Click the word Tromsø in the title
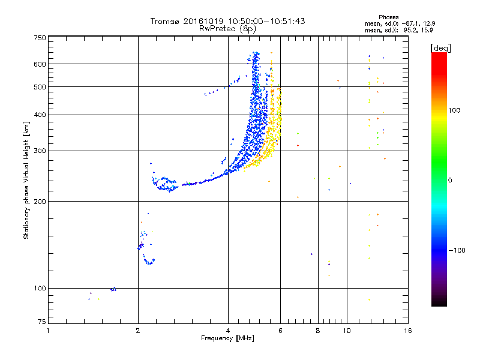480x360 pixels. (166, 21)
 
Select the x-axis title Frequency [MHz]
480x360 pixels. (227, 339)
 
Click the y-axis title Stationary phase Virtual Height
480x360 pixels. (26, 180)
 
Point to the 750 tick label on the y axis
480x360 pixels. (40, 37)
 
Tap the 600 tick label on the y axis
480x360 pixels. (40, 64)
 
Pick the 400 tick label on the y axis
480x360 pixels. (40, 115)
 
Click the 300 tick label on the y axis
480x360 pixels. (40, 151)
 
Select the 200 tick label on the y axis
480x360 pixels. (40, 201)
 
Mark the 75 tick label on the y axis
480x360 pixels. (41, 324)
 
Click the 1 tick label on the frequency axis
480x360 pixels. (48, 331)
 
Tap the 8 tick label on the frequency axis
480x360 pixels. (318, 331)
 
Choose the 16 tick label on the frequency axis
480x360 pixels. (407, 331)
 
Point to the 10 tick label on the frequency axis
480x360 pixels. (346, 331)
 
